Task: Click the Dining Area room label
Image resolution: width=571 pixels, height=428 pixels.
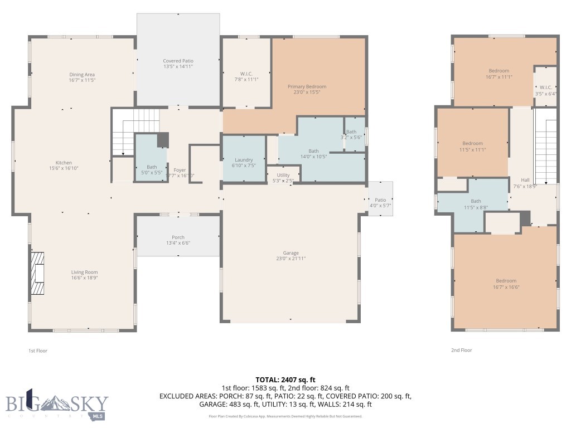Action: (x=81, y=75)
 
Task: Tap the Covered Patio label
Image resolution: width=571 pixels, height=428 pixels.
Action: (x=178, y=61)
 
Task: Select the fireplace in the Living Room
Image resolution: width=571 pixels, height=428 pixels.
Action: (x=37, y=273)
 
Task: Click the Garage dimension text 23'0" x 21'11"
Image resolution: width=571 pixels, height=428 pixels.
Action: (x=291, y=259)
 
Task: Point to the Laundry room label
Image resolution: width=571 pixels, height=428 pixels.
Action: (x=244, y=159)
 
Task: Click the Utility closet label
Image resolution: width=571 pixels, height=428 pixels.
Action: (x=283, y=175)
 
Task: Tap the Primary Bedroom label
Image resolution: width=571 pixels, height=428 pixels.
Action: (x=307, y=87)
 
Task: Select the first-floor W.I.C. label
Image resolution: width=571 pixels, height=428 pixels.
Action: (x=246, y=74)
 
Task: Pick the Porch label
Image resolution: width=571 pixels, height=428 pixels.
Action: (x=178, y=237)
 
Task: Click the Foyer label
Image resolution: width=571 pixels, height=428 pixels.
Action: (x=180, y=170)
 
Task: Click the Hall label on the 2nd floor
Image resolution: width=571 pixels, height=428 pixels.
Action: (x=525, y=180)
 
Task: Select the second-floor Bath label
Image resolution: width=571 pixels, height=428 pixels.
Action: (x=476, y=201)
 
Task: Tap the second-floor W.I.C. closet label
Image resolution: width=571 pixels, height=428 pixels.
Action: (x=545, y=87)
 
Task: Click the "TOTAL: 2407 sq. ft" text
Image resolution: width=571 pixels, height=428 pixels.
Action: (x=285, y=380)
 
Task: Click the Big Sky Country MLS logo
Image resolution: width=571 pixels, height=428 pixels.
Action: (x=57, y=404)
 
